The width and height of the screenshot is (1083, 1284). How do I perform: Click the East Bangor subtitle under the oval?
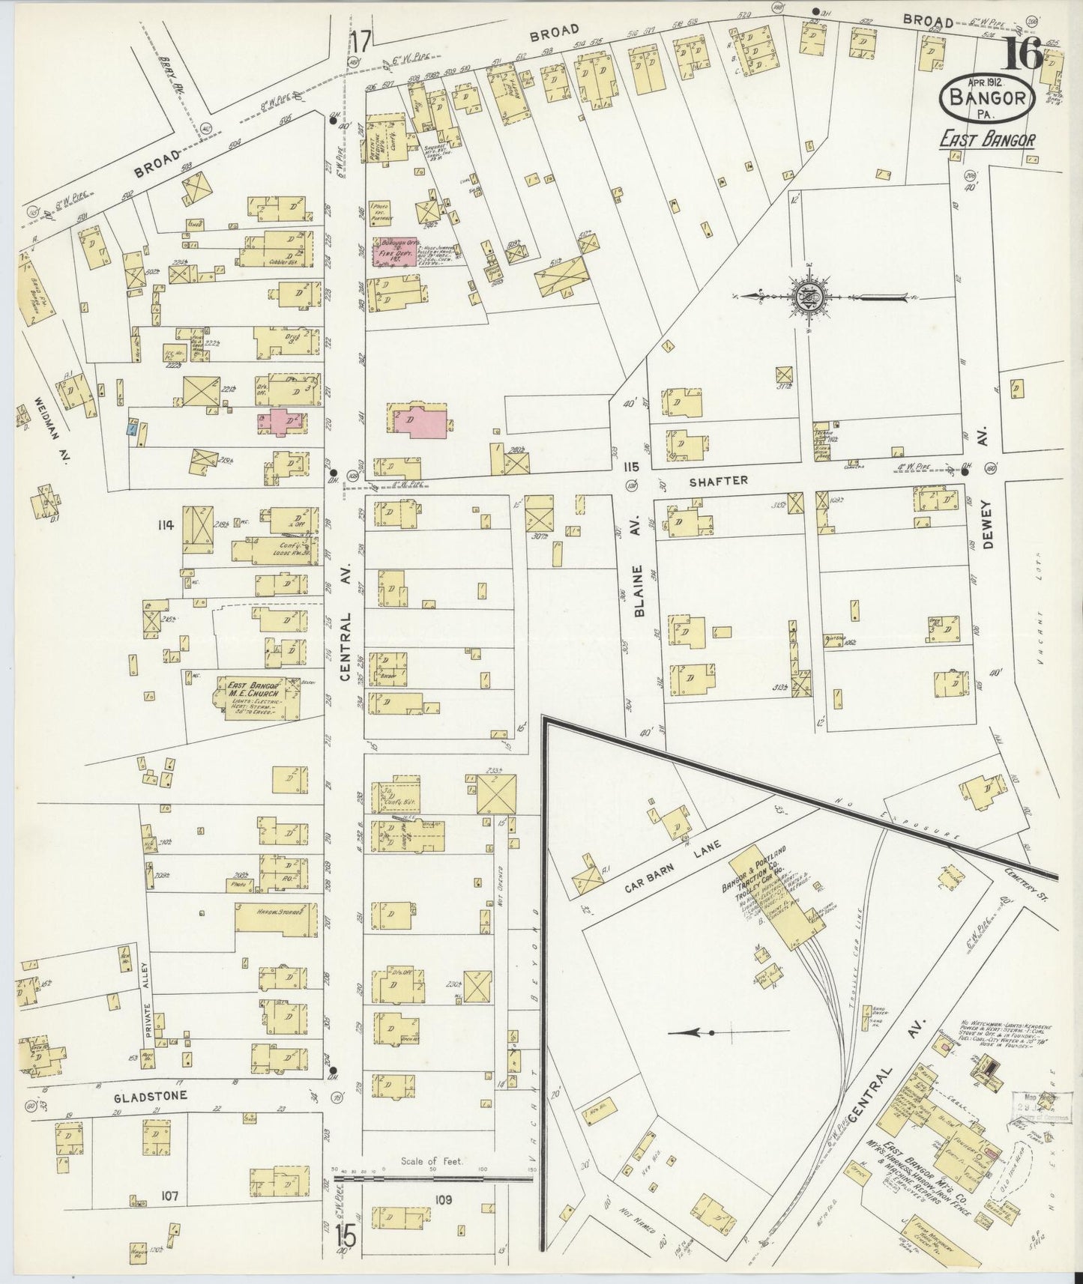click(x=989, y=141)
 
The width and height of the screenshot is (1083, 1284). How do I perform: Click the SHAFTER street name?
click(x=719, y=480)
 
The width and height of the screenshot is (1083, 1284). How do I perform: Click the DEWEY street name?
click(x=987, y=524)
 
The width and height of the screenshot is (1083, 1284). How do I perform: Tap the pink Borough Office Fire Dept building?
click(x=396, y=252)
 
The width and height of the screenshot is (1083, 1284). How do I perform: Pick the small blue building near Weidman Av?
click(x=131, y=429)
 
